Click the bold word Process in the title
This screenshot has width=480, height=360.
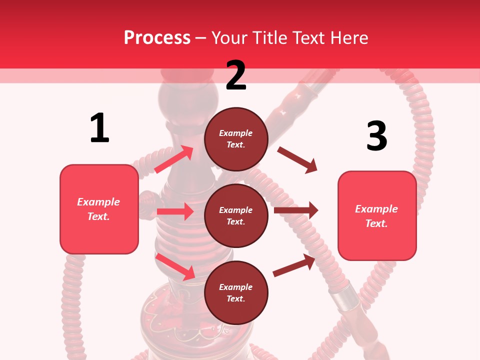pyautogui.click(x=157, y=38)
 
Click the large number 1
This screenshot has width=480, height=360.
pyautogui.click(x=99, y=128)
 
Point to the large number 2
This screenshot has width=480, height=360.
pyautogui.click(x=236, y=75)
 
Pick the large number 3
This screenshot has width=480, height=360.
pyautogui.click(x=376, y=136)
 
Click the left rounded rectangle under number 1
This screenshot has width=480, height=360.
pyautogui.click(x=99, y=209)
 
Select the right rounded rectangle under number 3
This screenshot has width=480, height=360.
pyautogui.click(x=377, y=215)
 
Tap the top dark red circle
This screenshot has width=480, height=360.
pyautogui.click(x=236, y=139)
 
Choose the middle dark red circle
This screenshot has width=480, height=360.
pyautogui.click(x=236, y=215)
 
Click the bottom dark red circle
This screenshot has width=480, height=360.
pyautogui.click(x=236, y=292)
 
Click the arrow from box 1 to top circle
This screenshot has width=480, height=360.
pyautogui.click(x=174, y=159)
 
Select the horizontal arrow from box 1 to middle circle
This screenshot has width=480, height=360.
pyautogui.click(x=175, y=211)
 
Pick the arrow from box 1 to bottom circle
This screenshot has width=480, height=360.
pyautogui.click(x=175, y=266)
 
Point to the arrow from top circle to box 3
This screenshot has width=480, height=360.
pyautogui.click(x=297, y=160)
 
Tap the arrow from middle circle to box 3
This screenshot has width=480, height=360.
pyautogui.click(x=296, y=210)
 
